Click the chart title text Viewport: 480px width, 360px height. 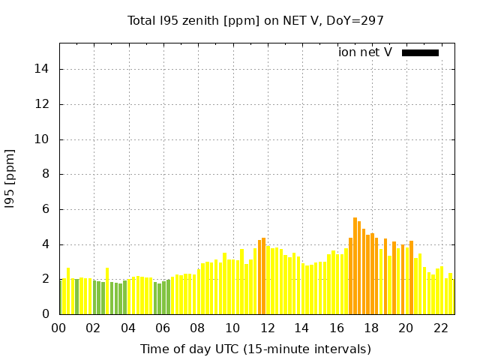pyautogui.click(x=255, y=20)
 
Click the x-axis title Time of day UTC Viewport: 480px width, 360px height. pyautogui.click(x=255, y=349)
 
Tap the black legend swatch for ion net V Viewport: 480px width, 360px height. pyautogui.click(x=420, y=52)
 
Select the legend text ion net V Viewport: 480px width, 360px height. pyautogui.click(x=364, y=52)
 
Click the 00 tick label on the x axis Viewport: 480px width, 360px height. pyautogui.click(x=59, y=328)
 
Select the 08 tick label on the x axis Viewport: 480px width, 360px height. pyautogui.click(x=198, y=328)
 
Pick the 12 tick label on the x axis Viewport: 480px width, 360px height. pyautogui.click(x=267, y=328)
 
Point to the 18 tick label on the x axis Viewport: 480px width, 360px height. pyautogui.click(x=371, y=328)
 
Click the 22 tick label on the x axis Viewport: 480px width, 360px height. pyautogui.click(x=440, y=328)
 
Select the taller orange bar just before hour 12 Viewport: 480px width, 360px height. pyautogui.click(x=263, y=276)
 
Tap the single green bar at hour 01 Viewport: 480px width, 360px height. pyautogui.click(x=76, y=297)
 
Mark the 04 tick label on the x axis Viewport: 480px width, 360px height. pyautogui.click(x=128, y=328)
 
